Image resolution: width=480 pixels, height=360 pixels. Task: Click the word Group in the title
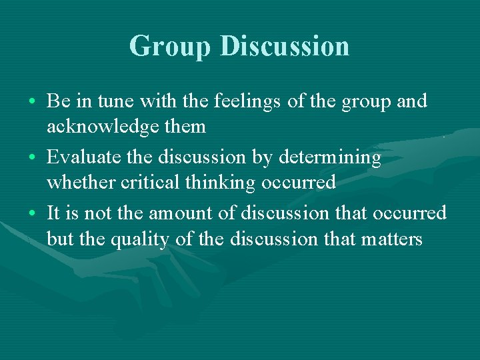170,46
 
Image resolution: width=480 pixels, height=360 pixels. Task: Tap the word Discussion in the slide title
284,46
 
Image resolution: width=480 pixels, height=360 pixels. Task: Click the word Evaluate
81,158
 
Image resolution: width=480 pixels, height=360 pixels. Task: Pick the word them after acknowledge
187,127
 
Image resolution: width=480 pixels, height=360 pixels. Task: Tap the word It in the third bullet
53,214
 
